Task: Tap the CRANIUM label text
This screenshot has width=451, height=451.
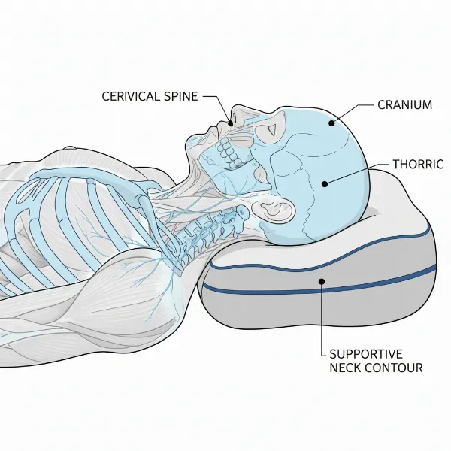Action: coord(404,104)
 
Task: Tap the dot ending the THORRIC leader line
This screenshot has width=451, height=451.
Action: coord(323,183)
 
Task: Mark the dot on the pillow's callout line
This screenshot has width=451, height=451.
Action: coord(322,283)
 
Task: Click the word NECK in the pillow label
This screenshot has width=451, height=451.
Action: coord(347,368)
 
